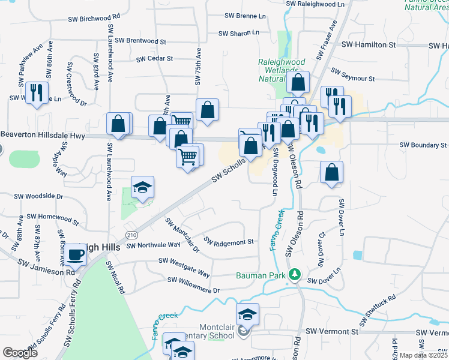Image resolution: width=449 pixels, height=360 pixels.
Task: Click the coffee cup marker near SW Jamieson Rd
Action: [x=76, y=254]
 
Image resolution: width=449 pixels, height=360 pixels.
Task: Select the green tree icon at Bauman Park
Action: [x=294, y=275]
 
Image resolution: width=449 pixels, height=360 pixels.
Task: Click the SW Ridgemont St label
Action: [x=229, y=242]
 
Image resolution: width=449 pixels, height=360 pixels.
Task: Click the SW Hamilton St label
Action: [x=369, y=45]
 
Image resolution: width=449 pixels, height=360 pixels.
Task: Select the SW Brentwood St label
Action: [x=140, y=41]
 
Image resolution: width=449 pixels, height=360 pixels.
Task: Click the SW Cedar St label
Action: [x=154, y=59]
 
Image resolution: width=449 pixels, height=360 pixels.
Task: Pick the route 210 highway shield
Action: [x=130, y=233]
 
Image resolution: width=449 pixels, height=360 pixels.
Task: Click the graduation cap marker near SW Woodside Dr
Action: [x=142, y=188]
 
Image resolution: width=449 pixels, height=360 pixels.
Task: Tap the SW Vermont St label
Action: [x=332, y=331]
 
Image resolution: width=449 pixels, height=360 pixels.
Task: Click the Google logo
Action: [x=20, y=352]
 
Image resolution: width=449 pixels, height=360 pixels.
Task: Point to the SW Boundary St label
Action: [x=423, y=145]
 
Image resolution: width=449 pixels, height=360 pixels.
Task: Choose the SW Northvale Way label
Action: [x=153, y=245]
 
